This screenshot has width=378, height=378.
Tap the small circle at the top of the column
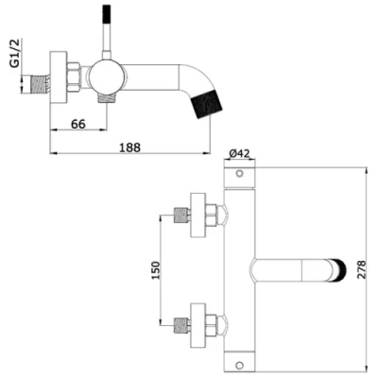tap(238, 176)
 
